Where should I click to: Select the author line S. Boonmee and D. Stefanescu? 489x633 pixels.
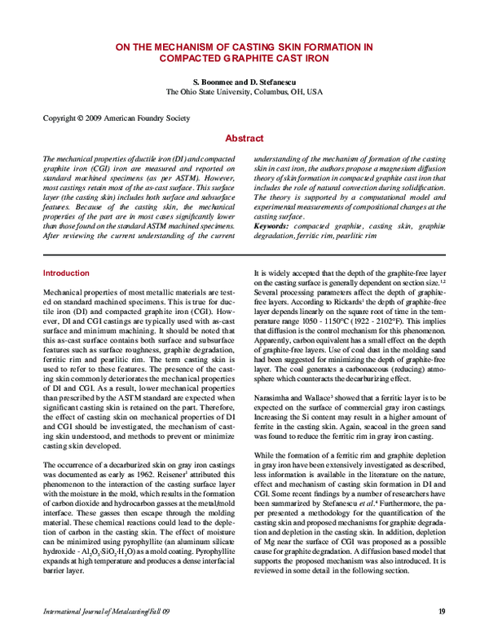click(x=244, y=82)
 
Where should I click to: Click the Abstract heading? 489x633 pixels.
click(x=244, y=139)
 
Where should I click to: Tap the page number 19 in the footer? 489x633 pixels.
click(x=441, y=611)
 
